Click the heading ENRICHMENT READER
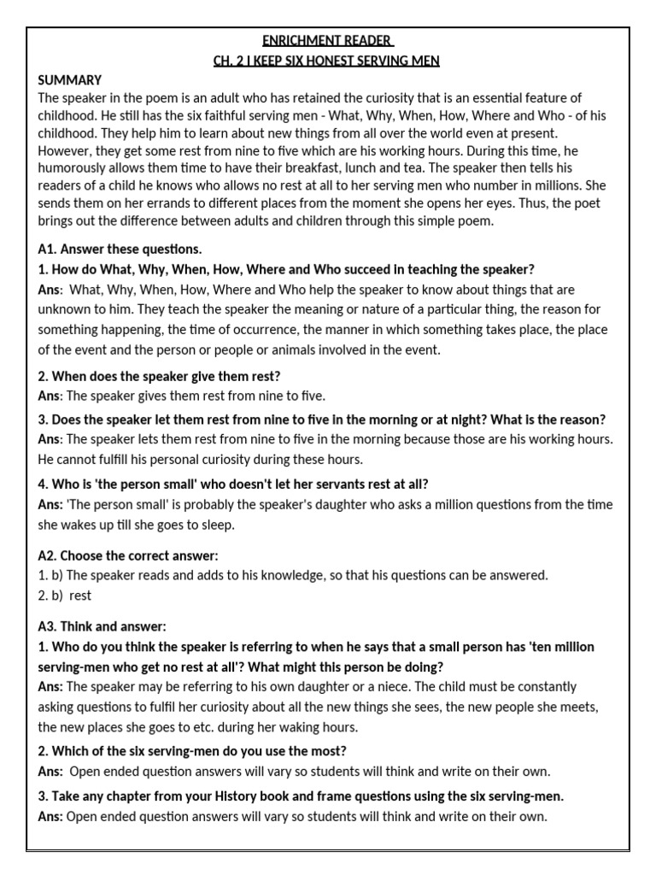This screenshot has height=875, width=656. pos(328,41)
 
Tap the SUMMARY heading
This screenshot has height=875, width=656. pos(70,79)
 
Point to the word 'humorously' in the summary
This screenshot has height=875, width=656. pos(73,168)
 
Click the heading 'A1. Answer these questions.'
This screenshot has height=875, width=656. pos(120,250)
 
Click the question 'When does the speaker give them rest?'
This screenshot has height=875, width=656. pos(166,376)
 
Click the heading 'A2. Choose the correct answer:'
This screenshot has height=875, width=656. pos(127,555)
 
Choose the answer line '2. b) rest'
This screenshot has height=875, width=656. pos(65,596)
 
